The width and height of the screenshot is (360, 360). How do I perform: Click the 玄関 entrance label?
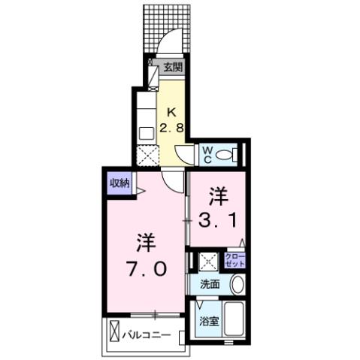(x=172, y=68)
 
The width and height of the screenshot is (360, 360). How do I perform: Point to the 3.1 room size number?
(x=218, y=220)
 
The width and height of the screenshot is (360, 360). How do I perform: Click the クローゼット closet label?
(x=235, y=262)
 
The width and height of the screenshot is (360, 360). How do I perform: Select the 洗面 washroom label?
(x=210, y=285)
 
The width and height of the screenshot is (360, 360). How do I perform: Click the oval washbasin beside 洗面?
(x=237, y=286)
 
